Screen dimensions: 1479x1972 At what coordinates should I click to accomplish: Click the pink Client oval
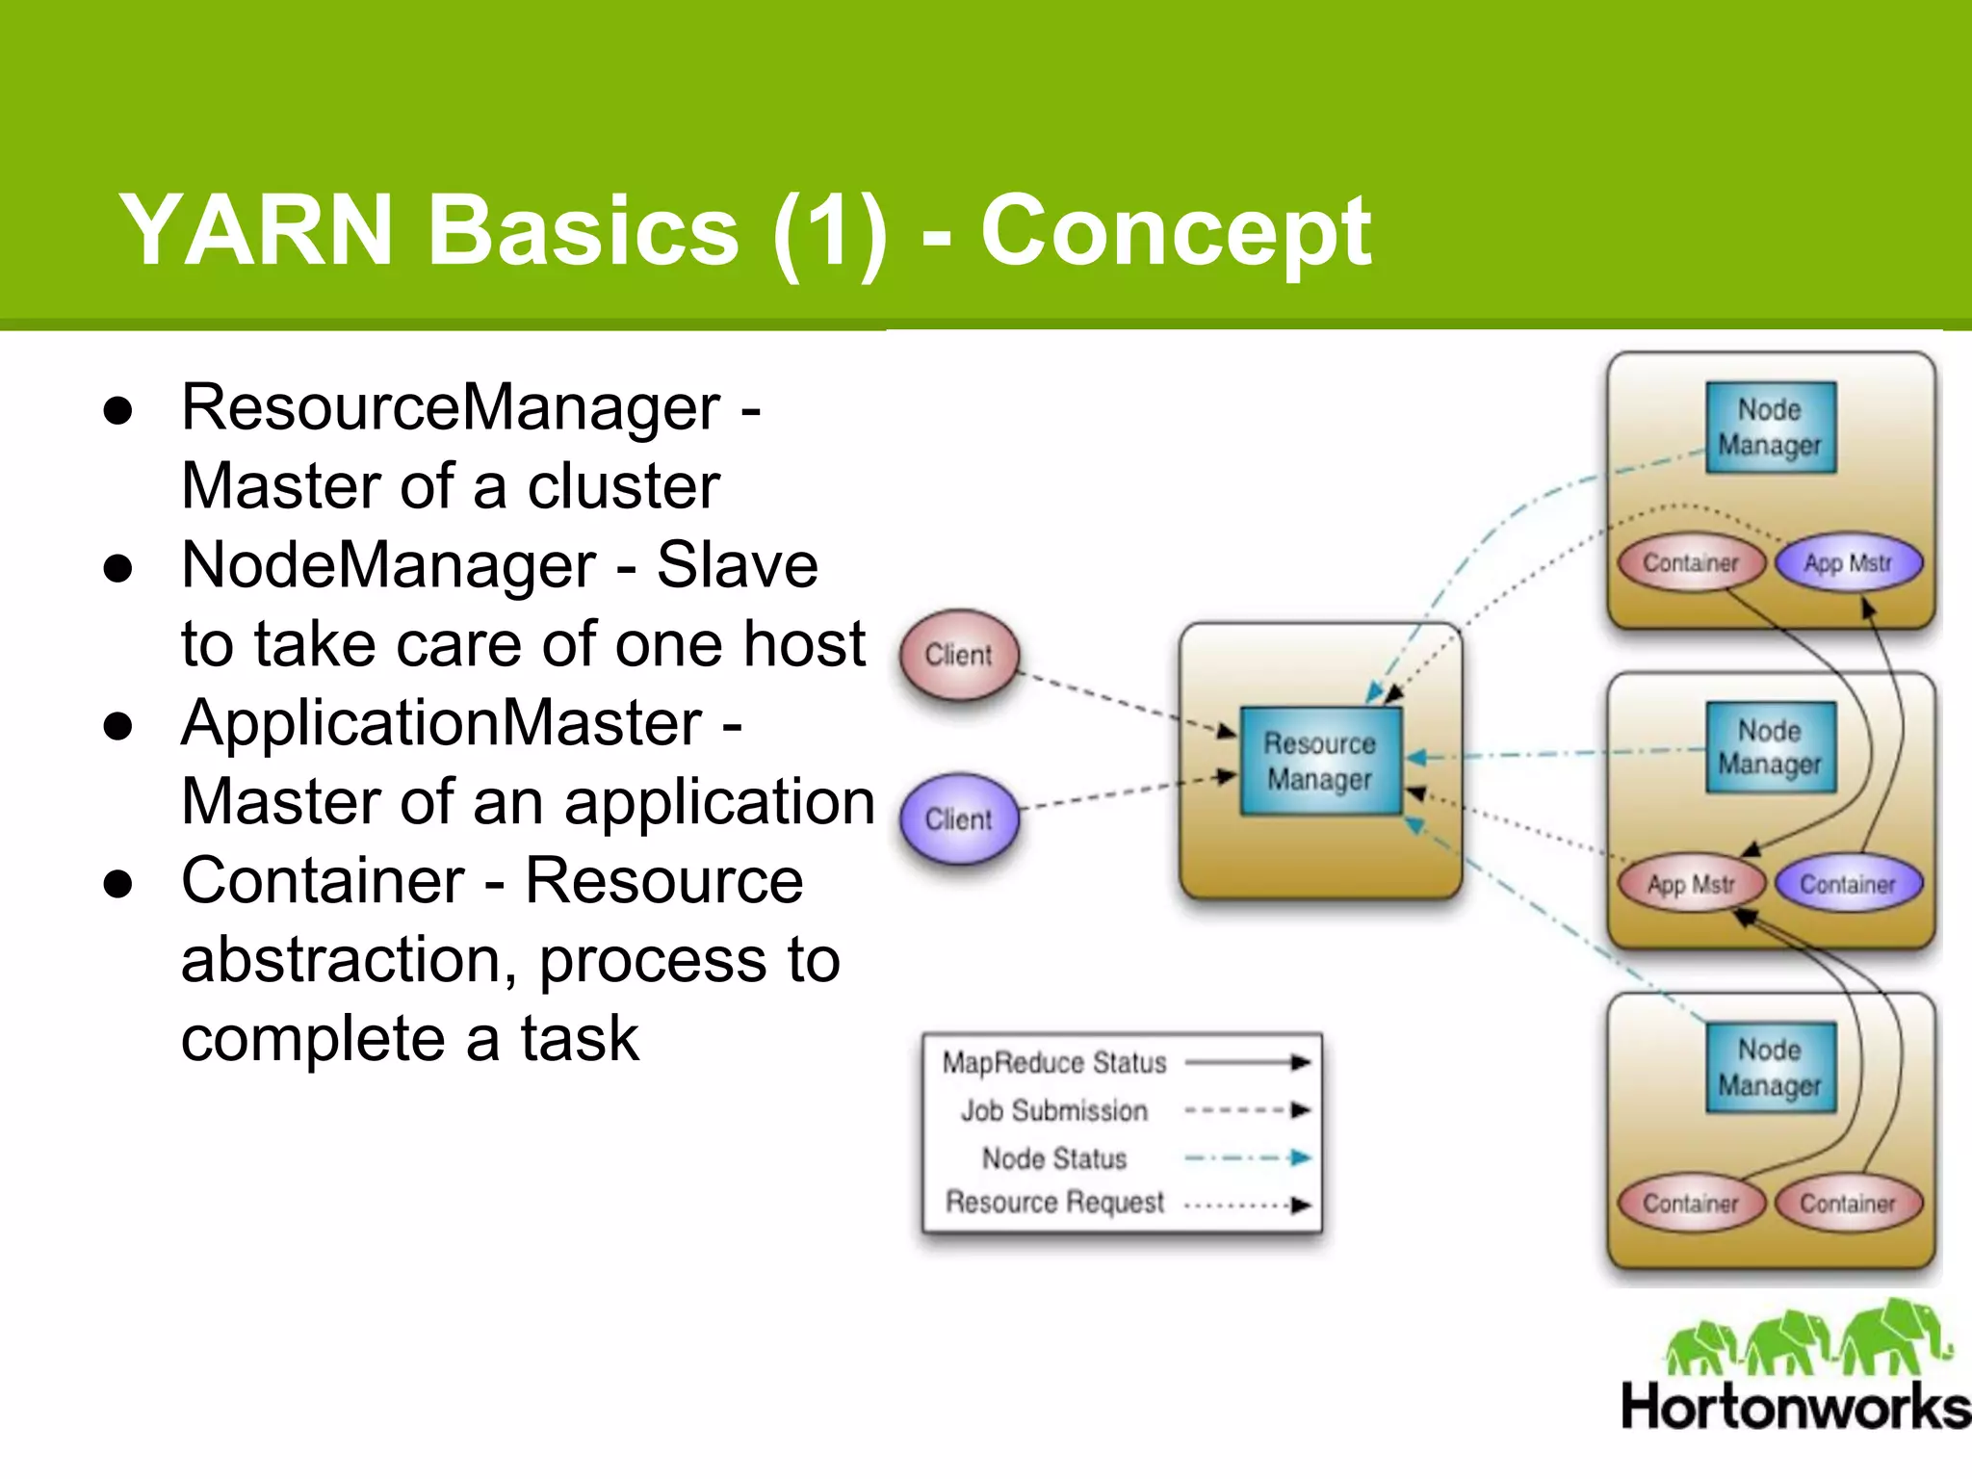(958, 655)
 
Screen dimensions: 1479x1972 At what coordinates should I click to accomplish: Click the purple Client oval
(958, 818)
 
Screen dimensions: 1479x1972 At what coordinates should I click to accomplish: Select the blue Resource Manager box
(1319, 761)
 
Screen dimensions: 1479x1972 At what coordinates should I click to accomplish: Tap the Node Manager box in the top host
(1770, 428)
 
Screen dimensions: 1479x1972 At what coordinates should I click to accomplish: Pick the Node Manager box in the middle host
(1770, 747)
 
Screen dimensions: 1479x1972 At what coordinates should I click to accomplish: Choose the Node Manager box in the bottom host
(1770, 1068)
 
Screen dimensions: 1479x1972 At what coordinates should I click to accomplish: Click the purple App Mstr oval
(1848, 563)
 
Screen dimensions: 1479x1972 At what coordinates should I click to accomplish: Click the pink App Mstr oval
(1691, 884)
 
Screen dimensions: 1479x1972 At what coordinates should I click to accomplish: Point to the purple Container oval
(1848, 884)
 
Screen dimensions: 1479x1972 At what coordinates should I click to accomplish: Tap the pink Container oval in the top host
(1691, 563)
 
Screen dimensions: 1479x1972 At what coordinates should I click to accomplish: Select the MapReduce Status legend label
(1054, 1063)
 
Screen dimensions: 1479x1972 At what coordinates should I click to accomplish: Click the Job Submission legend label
(1054, 1111)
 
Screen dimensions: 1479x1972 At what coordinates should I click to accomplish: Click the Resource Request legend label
(1054, 1203)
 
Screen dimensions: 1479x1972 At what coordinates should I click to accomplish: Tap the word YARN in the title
(256, 231)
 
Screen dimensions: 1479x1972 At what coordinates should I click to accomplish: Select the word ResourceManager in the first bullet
(451, 407)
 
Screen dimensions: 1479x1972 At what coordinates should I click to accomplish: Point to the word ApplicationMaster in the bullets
(442, 723)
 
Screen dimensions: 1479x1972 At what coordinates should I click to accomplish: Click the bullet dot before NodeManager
(117, 568)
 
